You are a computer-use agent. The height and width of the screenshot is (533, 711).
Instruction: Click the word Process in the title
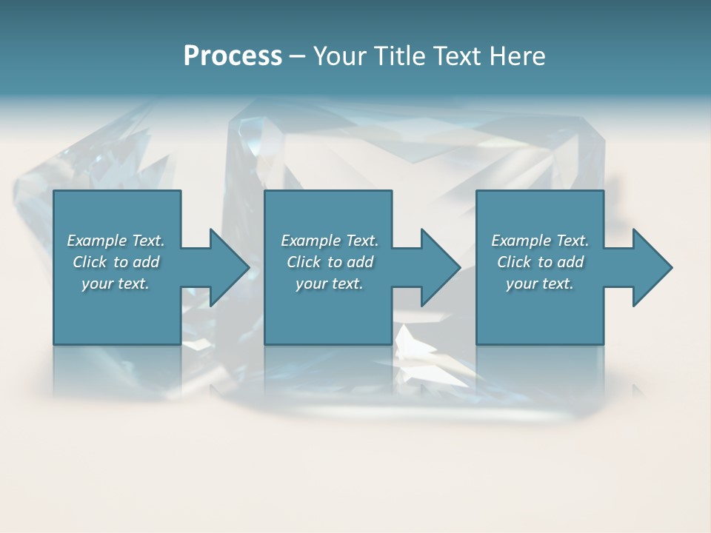click(x=233, y=56)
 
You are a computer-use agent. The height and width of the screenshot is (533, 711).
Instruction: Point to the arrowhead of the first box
click(x=230, y=267)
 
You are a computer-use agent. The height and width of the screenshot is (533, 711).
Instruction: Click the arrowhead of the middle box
click(x=441, y=267)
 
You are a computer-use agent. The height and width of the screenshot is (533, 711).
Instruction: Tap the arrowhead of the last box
click(x=652, y=267)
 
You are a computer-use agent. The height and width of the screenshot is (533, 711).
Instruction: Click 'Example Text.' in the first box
click(x=116, y=241)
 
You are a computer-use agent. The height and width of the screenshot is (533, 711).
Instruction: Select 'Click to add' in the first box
click(x=116, y=262)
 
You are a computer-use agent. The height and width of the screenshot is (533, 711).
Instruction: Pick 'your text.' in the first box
click(x=116, y=284)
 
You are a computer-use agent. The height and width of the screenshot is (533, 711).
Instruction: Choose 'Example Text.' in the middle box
click(x=330, y=241)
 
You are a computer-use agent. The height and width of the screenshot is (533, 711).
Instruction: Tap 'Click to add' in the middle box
click(x=330, y=262)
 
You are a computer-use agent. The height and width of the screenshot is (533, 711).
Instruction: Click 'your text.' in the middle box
click(x=330, y=284)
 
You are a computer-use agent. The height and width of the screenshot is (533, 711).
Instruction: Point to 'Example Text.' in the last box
click(x=540, y=241)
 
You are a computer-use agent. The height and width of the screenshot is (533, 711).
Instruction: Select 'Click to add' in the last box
click(x=540, y=262)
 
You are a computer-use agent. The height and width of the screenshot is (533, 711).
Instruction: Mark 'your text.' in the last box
click(x=540, y=284)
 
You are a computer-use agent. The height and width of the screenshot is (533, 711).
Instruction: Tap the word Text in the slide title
click(x=454, y=56)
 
